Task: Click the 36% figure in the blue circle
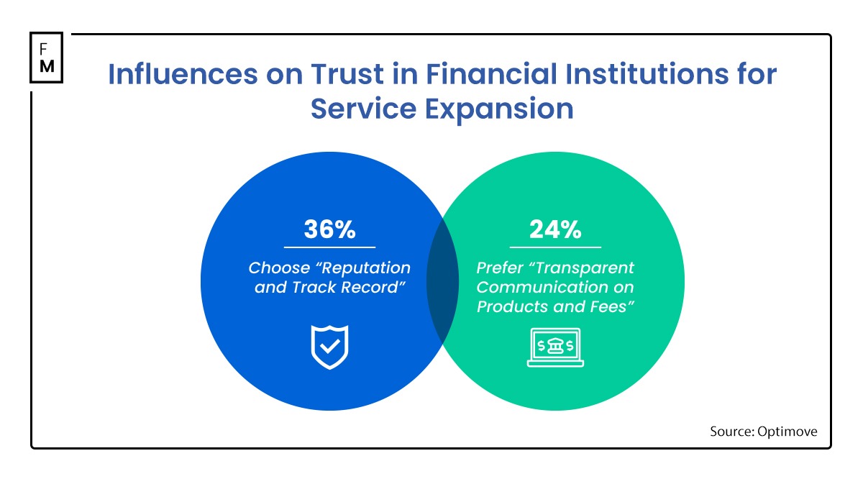coord(329,229)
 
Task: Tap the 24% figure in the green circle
coord(555,229)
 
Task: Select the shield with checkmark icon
coord(329,347)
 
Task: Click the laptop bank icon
coord(555,347)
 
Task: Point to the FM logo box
coord(47,58)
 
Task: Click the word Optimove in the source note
coord(787,432)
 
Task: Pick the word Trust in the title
coord(347,73)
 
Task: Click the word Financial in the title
coord(491,73)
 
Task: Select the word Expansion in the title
coord(499,109)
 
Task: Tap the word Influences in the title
coord(183,73)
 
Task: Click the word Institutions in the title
coord(647,73)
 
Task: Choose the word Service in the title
coord(363,109)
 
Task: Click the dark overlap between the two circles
coord(442,281)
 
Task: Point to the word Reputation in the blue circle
coord(365,268)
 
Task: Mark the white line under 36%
coord(329,247)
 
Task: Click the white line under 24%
coord(555,247)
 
